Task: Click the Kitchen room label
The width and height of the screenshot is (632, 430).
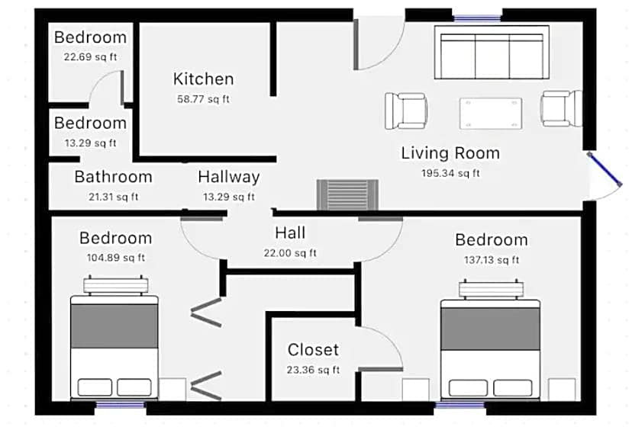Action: click(203, 79)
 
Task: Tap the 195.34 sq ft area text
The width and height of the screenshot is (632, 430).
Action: click(450, 173)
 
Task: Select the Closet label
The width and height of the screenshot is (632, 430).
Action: click(313, 349)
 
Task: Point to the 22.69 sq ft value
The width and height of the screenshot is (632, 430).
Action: click(90, 56)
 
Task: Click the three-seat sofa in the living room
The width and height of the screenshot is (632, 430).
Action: click(492, 53)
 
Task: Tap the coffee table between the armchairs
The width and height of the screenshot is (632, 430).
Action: click(491, 113)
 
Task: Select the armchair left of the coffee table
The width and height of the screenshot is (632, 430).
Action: click(406, 111)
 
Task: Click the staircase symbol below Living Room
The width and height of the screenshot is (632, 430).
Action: click(347, 195)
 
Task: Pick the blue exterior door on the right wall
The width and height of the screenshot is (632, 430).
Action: click(605, 169)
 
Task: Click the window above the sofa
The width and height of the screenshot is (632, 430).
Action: click(477, 18)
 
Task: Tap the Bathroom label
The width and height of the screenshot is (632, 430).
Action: click(113, 177)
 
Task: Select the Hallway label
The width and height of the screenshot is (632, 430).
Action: click(229, 177)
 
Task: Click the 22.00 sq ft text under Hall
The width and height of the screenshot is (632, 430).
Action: click(290, 253)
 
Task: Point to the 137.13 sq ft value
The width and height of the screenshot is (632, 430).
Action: click(492, 260)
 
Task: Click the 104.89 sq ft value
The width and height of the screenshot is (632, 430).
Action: click(116, 258)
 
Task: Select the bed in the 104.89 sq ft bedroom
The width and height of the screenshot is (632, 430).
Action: click(114, 338)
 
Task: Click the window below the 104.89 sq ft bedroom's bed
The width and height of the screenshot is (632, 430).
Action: click(120, 405)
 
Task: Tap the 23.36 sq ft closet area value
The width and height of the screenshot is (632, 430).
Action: click(313, 370)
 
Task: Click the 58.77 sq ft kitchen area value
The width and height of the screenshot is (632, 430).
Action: click(203, 99)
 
